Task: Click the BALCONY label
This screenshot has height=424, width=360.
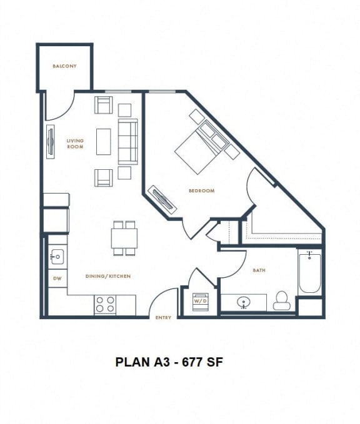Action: [64, 66]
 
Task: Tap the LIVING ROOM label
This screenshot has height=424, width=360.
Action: [75, 144]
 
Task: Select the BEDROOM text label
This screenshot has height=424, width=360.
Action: [201, 190]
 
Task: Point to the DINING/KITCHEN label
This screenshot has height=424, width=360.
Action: [108, 276]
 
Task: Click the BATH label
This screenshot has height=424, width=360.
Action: [259, 270]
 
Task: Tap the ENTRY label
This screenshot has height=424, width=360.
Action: [163, 318]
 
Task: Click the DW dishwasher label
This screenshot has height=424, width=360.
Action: [56, 279]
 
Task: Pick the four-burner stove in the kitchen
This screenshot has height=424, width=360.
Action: [105, 304]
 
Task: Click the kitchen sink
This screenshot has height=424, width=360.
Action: [56, 255]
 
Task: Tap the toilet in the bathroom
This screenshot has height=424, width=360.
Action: [282, 301]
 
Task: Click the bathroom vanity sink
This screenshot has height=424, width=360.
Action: [244, 303]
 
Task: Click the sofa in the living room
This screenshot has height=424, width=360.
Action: [127, 141]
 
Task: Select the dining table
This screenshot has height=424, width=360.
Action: [124, 238]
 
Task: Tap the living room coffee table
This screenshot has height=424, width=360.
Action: [104, 141]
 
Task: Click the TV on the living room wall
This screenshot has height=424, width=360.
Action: [50, 143]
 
